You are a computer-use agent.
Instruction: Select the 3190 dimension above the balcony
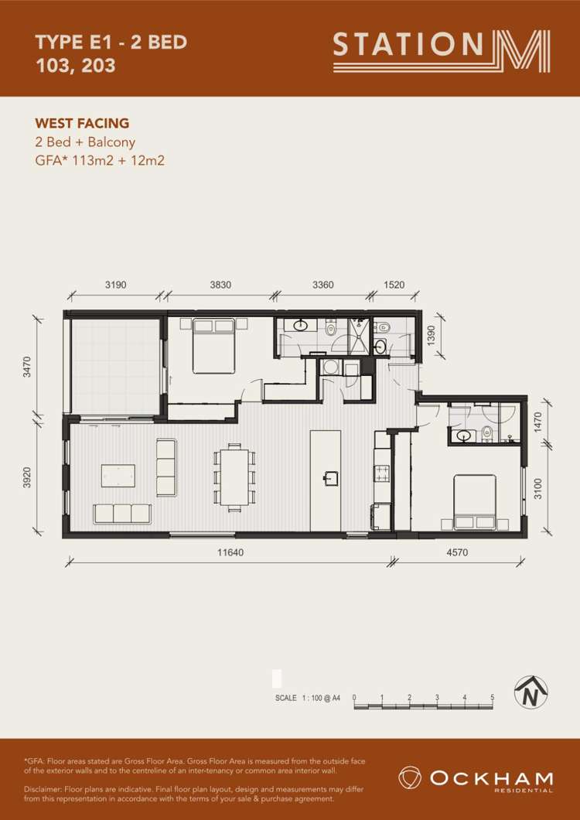coord(116,285)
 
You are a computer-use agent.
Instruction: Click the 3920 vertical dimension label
coord(28,477)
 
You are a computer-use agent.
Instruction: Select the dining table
coord(234,475)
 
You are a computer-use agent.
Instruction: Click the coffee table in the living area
coord(118,476)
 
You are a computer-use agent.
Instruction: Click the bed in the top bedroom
coord(213,346)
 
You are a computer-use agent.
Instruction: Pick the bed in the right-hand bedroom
coord(474,502)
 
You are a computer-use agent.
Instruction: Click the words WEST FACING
coord(82,124)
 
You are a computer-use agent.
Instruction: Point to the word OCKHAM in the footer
coord(492,777)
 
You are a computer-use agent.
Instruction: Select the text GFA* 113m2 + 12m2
coord(99,160)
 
